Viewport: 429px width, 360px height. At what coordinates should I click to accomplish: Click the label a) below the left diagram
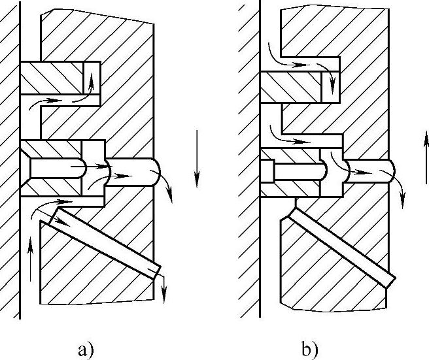click(x=86, y=350)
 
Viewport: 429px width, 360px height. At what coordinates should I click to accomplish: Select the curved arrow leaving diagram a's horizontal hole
click(x=168, y=187)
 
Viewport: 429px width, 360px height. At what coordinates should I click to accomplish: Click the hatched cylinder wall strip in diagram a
click(x=9, y=163)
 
